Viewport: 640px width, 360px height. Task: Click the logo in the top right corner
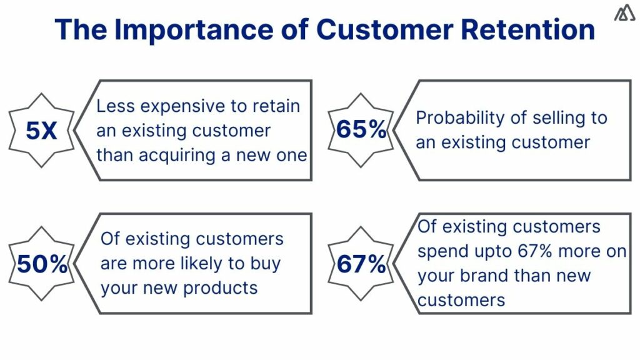tap(624, 13)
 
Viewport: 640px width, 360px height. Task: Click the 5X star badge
tap(41, 131)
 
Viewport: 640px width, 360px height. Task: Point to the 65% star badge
tap(361, 130)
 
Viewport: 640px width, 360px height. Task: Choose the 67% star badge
tap(361, 264)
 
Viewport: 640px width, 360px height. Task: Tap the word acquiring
tap(177, 155)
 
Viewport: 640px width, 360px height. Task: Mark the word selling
tap(545, 118)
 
